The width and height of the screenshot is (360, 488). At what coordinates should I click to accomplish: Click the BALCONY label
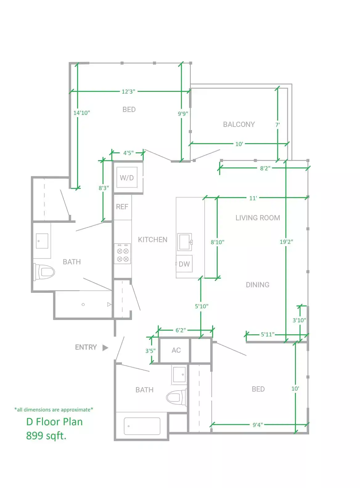(x=239, y=125)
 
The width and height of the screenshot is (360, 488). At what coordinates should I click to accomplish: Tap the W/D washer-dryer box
(x=127, y=178)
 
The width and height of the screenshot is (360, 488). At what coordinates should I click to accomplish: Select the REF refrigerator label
(x=122, y=207)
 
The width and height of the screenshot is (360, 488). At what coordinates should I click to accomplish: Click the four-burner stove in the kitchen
(x=123, y=254)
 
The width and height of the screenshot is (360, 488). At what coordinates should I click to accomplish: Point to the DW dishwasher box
(x=184, y=264)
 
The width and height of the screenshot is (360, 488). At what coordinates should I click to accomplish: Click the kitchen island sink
(x=185, y=242)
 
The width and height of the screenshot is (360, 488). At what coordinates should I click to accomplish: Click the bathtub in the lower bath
(x=142, y=426)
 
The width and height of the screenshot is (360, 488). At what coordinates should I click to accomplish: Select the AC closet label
(x=176, y=350)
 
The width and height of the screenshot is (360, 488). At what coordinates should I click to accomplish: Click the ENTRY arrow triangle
(x=105, y=348)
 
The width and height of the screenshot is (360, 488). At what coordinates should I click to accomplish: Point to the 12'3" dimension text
(x=128, y=92)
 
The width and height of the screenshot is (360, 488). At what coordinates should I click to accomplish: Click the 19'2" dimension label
(x=286, y=242)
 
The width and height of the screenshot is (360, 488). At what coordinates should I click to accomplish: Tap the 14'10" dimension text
(x=82, y=113)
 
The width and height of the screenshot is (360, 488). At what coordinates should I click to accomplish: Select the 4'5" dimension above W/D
(x=128, y=153)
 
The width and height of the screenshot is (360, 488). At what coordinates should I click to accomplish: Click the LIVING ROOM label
(x=258, y=218)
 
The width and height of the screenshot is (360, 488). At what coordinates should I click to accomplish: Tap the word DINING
(x=257, y=285)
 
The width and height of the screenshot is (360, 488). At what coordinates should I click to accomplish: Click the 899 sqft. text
(x=46, y=436)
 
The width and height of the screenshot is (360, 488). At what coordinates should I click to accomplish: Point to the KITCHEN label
(x=153, y=240)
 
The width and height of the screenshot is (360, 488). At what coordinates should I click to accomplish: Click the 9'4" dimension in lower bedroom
(x=258, y=425)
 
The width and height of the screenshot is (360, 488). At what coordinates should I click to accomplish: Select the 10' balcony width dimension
(x=239, y=144)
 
